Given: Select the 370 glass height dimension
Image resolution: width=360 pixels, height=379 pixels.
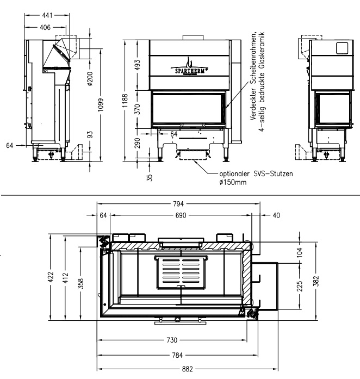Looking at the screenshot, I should tap(138, 109).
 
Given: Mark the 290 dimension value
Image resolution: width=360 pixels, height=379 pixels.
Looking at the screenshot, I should tap(138, 142).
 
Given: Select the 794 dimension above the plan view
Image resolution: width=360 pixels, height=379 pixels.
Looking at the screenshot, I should tap(179, 204).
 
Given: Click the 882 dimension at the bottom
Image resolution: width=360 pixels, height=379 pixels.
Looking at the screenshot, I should tap(187, 369).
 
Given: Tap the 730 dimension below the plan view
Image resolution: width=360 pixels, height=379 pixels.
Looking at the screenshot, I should tap(172, 340).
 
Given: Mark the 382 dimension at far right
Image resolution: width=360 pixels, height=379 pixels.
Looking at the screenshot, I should tap(318, 279).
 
